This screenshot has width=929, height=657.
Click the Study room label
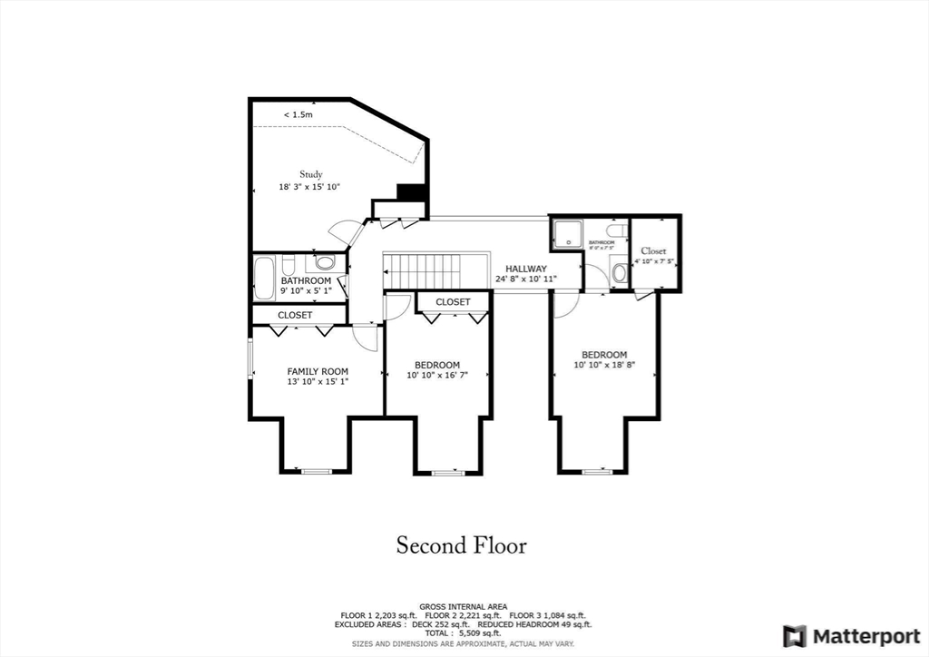[311, 174]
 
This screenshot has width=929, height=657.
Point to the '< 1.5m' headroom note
[298, 115]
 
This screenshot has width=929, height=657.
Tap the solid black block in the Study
[412, 192]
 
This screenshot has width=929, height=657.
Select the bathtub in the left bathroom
[264, 279]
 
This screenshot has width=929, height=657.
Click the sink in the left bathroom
[325, 263]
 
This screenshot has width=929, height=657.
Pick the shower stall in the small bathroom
[566, 234]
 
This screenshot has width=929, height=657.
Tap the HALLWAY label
[526, 269]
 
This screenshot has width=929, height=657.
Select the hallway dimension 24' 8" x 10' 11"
[526, 279]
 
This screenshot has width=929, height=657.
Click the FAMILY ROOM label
[318, 371]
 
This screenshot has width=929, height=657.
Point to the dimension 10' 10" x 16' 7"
[437, 375]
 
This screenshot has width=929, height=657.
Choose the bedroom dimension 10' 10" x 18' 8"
[604, 365]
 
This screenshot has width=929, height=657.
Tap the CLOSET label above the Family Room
[295, 315]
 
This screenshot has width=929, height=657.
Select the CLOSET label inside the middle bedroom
[453, 302]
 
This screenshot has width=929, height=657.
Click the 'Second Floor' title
[461, 545]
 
